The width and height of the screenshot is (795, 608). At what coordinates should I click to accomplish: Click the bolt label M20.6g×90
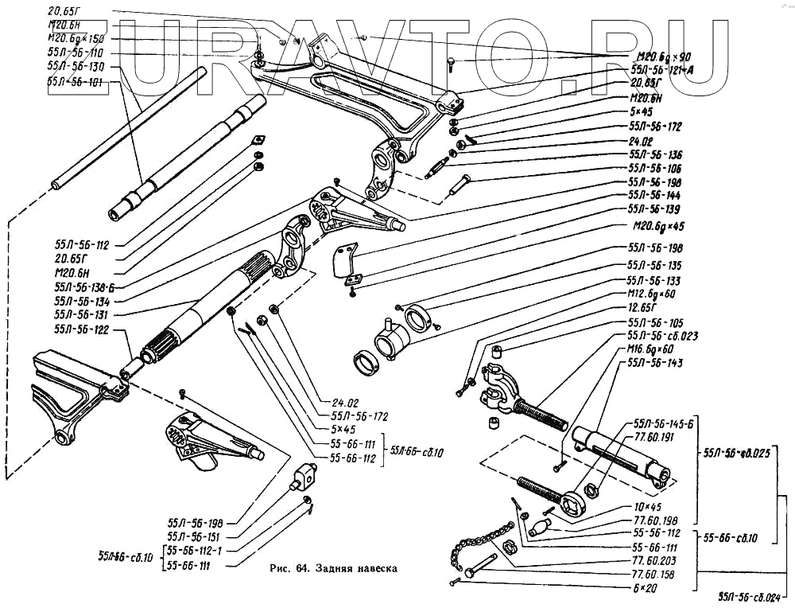[x=664, y=57]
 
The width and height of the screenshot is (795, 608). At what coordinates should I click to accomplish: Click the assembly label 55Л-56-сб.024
[x=754, y=595]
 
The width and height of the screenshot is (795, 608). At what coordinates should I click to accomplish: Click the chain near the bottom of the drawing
[x=476, y=541]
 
